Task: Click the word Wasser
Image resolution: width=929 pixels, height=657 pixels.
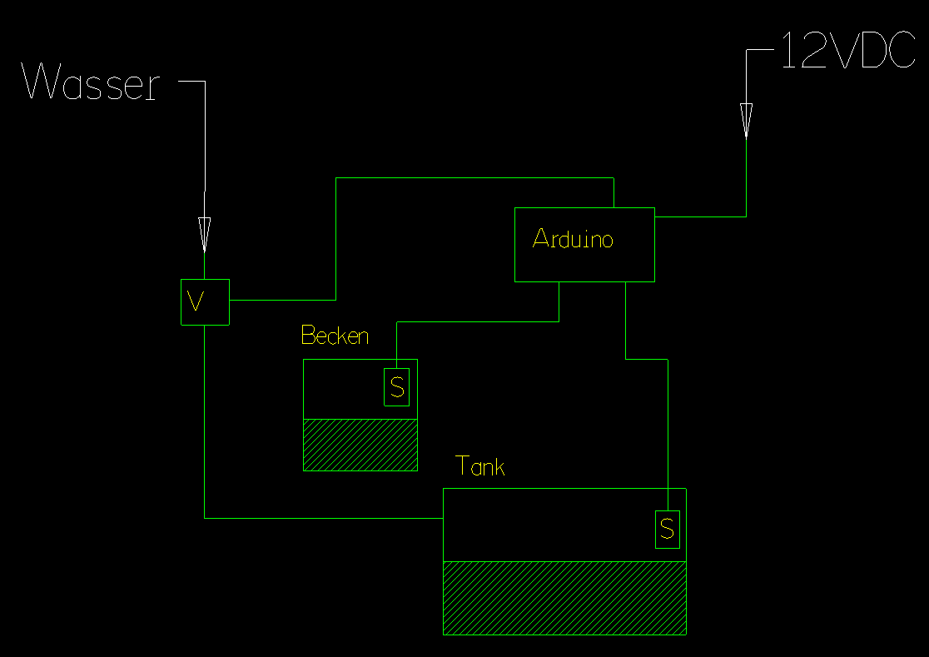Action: (91, 83)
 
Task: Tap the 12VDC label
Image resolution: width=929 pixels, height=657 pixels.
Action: (847, 51)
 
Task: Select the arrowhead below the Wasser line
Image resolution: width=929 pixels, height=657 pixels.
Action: (204, 233)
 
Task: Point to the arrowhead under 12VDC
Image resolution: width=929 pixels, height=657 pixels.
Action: (746, 119)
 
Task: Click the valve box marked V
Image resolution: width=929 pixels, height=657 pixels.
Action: (205, 301)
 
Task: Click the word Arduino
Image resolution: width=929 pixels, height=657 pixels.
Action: (573, 240)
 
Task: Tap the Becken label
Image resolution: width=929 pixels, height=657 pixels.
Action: (335, 336)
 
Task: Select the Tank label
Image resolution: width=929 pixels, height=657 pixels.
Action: (480, 467)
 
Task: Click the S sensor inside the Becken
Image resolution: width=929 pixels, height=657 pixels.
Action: (397, 387)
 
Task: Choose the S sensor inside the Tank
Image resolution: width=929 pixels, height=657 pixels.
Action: (667, 529)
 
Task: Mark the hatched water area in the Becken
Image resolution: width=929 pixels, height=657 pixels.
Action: (360, 445)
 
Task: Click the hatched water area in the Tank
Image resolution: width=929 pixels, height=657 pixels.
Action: (564, 598)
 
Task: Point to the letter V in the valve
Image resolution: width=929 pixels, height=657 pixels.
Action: (197, 301)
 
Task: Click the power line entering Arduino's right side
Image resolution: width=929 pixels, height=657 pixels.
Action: (700, 217)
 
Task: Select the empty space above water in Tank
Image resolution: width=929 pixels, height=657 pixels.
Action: (541, 525)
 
